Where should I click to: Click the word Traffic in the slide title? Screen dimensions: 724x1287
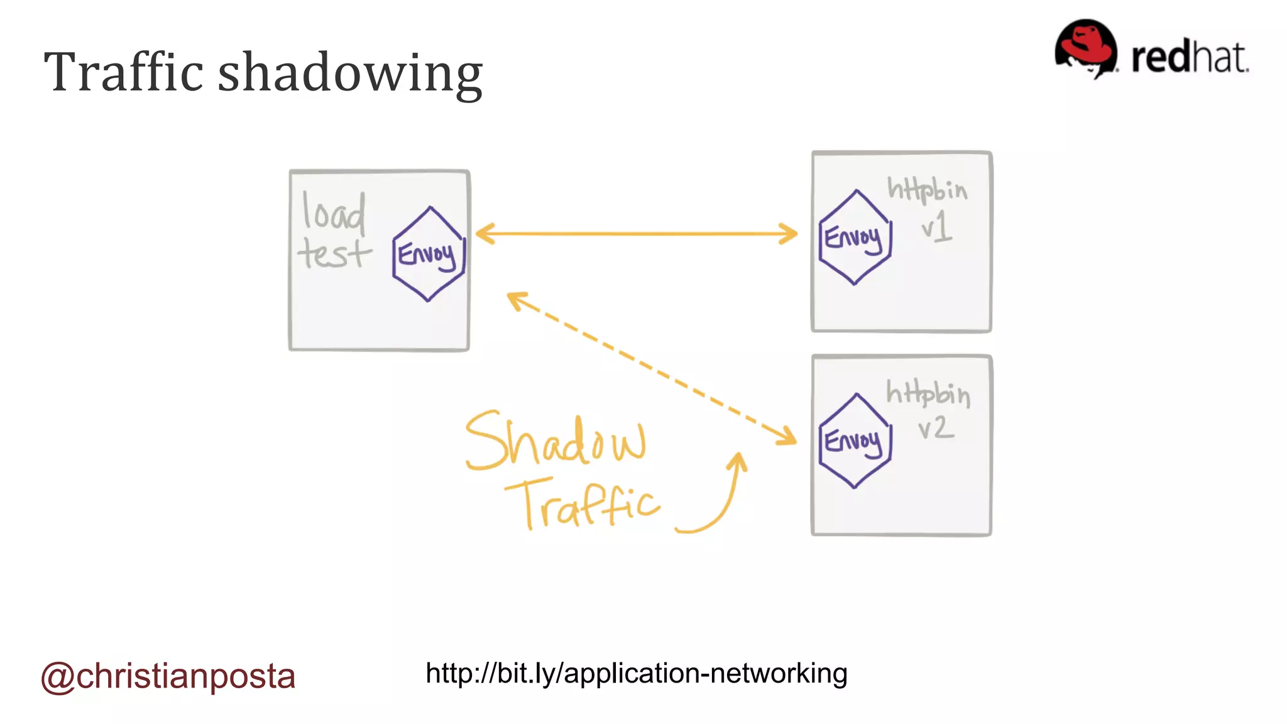click(124, 72)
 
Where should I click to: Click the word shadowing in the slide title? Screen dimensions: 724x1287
click(350, 74)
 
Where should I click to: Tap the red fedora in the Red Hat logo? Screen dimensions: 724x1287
click(1086, 47)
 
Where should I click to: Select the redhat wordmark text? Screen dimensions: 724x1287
click(1189, 58)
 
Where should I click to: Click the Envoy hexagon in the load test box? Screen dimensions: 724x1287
click(429, 254)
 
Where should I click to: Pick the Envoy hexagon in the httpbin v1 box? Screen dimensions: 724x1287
click(855, 238)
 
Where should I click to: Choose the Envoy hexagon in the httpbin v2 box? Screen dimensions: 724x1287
click(855, 441)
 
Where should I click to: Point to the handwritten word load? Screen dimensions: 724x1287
click(333, 211)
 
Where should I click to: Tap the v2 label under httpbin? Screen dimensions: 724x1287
click(936, 429)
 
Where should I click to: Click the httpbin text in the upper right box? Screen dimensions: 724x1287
click(927, 189)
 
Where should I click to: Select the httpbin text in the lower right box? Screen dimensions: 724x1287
click(928, 394)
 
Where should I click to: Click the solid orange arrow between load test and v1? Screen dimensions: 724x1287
click(636, 234)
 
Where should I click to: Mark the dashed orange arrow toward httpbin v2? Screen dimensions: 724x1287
click(652, 368)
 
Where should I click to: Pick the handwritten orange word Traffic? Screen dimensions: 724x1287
click(583, 503)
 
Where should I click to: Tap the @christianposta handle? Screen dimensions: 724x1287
click(168, 676)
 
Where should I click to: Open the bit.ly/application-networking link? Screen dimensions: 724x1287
click(636, 673)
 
